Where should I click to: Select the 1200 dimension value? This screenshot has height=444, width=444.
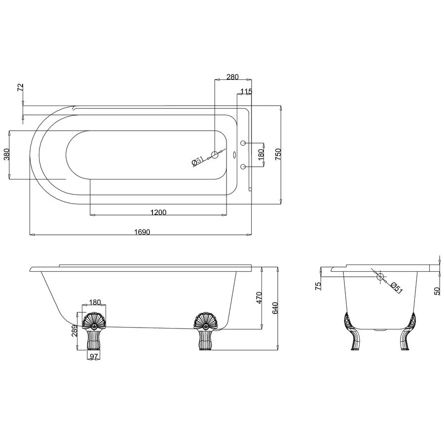pyautogui.click(x=158, y=212)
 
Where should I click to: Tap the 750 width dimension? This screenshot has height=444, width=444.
pyautogui.click(x=278, y=154)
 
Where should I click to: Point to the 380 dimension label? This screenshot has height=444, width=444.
pyautogui.click(x=7, y=155)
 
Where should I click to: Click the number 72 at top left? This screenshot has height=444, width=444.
pyautogui.click(x=20, y=87)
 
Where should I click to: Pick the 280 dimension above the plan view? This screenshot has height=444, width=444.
pyautogui.click(x=232, y=77)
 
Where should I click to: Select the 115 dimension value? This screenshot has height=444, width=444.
pyautogui.click(x=246, y=92)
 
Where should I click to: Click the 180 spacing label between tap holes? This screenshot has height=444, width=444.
pyautogui.click(x=261, y=154)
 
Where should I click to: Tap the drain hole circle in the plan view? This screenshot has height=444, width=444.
pyautogui.click(x=215, y=155)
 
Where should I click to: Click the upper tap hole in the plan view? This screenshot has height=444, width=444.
pyautogui.click(x=243, y=143)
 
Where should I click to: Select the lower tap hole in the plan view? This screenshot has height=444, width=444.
pyautogui.click(x=243, y=167)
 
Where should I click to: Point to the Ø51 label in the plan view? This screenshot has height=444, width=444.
pyautogui.click(x=197, y=161)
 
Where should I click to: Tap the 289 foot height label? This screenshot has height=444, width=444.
pyautogui.click(x=74, y=331)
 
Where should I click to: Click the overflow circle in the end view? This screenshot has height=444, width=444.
pyautogui.click(x=380, y=276)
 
